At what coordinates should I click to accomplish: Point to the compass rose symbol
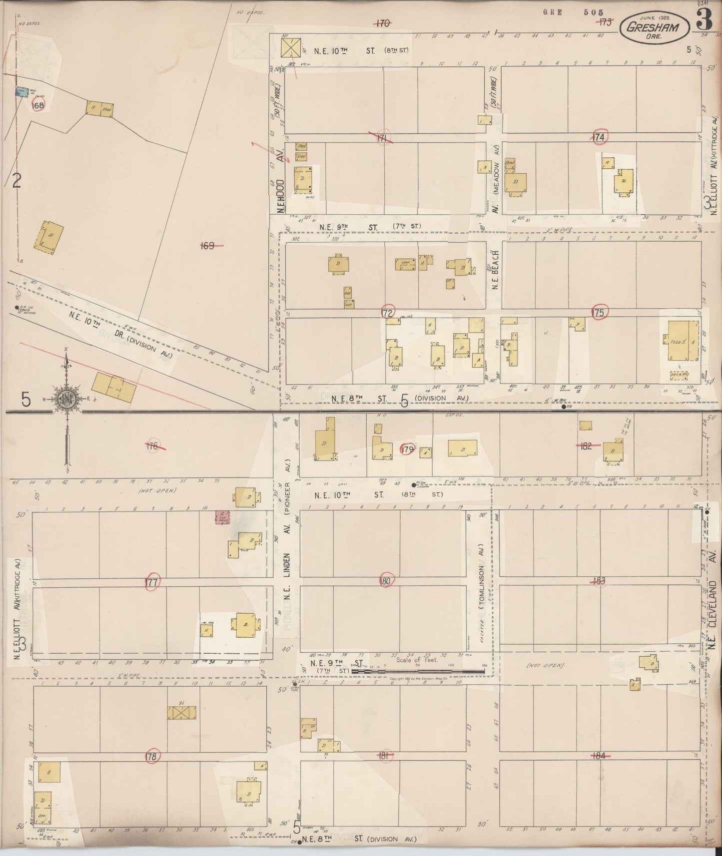click(x=66, y=399)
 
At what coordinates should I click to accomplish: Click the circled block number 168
click(x=37, y=105)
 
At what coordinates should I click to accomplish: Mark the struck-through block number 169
click(x=207, y=246)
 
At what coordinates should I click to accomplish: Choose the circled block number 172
click(x=388, y=312)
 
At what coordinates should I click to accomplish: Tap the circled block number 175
click(x=600, y=312)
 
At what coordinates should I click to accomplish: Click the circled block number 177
click(x=151, y=582)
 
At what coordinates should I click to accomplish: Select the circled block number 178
click(x=151, y=757)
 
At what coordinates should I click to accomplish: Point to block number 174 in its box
click(x=600, y=136)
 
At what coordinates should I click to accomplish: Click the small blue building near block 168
click(x=21, y=92)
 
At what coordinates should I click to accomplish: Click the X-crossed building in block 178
click(x=182, y=713)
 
